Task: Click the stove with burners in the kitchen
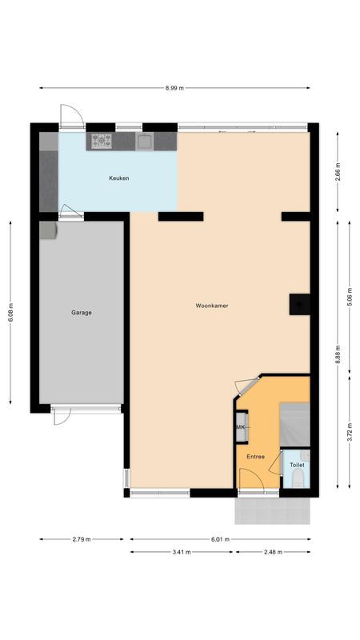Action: click(x=102, y=142)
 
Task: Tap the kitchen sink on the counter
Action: click(x=144, y=142)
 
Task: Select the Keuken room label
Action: click(x=119, y=178)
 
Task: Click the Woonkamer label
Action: click(x=212, y=306)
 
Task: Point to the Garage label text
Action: click(x=81, y=313)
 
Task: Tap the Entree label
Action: click(x=255, y=457)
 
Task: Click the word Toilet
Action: click(x=297, y=465)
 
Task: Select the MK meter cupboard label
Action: click(x=240, y=428)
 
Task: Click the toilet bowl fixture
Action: click(x=297, y=479)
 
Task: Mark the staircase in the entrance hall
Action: click(x=293, y=422)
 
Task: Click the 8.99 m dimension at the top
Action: click(x=174, y=87)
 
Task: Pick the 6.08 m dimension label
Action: click(x=11, y=312)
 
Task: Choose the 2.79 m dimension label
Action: click(x=81, y=539)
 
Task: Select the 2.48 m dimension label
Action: click(x=273, y=551)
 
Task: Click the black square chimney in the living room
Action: click(x=297, y=304)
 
